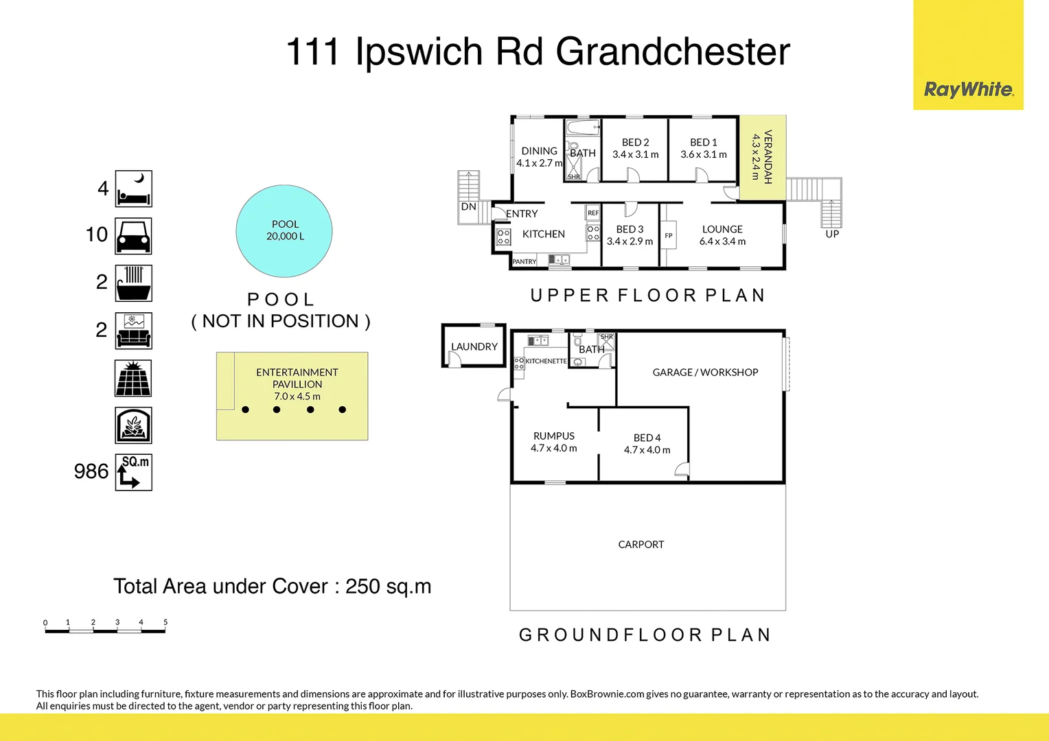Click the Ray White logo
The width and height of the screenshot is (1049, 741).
[x=968, y=89]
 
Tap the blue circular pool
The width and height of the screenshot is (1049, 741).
[x=284, y=231]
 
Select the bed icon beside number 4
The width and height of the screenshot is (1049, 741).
[x=133, y=189]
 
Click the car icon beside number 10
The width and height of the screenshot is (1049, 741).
[x=133, y=236]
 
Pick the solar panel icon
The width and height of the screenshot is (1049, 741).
[x=133, y=378]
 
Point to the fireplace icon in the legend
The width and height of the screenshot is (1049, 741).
[x=133, y=425]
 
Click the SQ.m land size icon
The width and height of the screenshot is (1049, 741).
[x=133, y=472]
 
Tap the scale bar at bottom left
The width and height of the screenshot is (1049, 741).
[x=105, y=629]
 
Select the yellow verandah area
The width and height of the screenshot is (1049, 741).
[x=762, y=157]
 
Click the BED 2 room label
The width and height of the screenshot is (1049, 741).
[x=635, y=143]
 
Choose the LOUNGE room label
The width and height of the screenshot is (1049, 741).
[x=722, y=229]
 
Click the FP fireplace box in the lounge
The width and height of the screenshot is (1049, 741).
[x=669, y=235]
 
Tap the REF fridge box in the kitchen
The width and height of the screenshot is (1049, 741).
[x=593, y=213]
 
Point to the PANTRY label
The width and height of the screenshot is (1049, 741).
[x=524, y=261]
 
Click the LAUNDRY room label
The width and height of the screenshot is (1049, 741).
[x=474, y=346]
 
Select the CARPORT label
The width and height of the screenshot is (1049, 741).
[x=641, y=544]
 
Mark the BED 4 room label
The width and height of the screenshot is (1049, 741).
[x=647, y=438]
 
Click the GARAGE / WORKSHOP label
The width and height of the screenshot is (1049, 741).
[x=705, y=372]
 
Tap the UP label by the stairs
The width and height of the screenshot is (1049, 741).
[x=832, y=234]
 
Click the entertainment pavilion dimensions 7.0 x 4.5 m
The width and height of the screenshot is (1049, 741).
[x=297, y=396]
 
